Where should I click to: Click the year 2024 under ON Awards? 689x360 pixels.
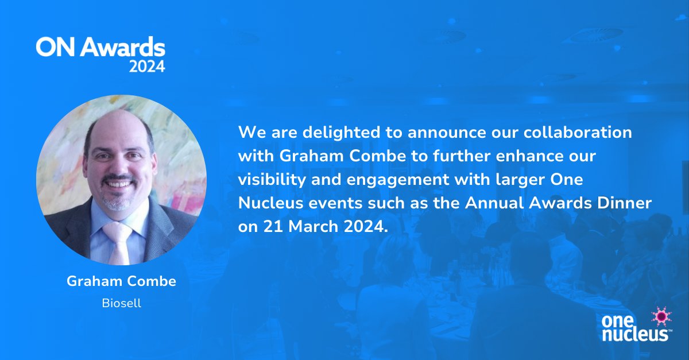[x=146, y=66]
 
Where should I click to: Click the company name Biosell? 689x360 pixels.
[x=121, y=303]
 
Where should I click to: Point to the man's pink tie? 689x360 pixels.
[x=118, y=241]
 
